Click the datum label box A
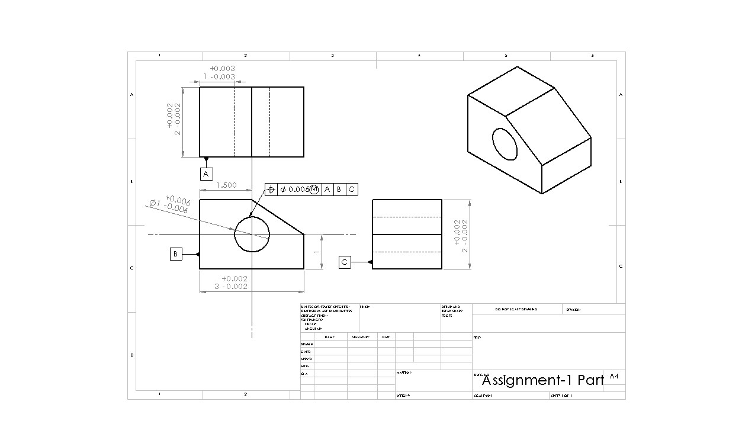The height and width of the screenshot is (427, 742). point(206,174)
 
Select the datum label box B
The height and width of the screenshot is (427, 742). point(176,254)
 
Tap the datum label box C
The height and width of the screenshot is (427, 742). point(345,262)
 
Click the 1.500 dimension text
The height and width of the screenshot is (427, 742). point(226,185)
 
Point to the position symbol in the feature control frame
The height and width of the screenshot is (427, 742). point(271,190)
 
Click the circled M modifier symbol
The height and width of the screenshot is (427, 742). point(314,190)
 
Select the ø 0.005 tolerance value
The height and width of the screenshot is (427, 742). point(294,190)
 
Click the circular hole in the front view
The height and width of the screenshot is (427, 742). point(252,234)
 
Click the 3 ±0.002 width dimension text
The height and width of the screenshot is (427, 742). point(234,282)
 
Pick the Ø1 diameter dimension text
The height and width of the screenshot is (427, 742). point(169,204)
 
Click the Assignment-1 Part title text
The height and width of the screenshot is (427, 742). point(542,380)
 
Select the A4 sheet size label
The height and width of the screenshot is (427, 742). point(614,376)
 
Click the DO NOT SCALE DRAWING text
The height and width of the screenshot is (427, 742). point(516,310)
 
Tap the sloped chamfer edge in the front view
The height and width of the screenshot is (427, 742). point(278,217)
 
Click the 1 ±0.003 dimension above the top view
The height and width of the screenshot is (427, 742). point(219,72)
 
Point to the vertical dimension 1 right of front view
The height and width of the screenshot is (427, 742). point(317,252)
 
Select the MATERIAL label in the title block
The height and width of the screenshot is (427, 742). point(405,373)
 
